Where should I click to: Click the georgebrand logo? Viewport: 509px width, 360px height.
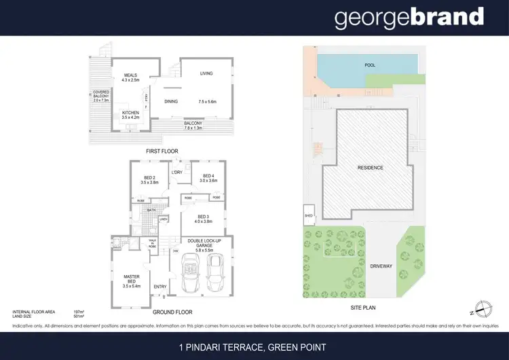pyautogui.click(x=409, y=18)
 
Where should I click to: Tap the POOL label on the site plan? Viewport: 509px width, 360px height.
pyautogui.click(x=369, y=65)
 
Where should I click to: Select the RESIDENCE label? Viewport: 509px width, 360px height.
pyautogui.click(x=371, y=168)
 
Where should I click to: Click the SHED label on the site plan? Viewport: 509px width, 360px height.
pyautogui.click(x=309, y=218)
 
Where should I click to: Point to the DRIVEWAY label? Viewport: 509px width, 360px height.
pyautogui.click(x=381, y=266)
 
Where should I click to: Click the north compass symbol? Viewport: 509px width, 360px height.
pyautogui.click(x=483, y=309)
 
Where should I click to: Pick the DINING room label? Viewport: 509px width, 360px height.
pyautogui.click(x=171, y=102)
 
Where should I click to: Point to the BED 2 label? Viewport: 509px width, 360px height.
pyautogui.click(x=148, y=179)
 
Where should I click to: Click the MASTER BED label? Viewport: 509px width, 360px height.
pyautogui.click(x=131, y=278)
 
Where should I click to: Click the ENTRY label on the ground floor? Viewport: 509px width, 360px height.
pyautogui.click(x=160, y=286)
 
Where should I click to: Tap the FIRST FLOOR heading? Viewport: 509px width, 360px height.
pyautogui.click(x=162, y=151)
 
